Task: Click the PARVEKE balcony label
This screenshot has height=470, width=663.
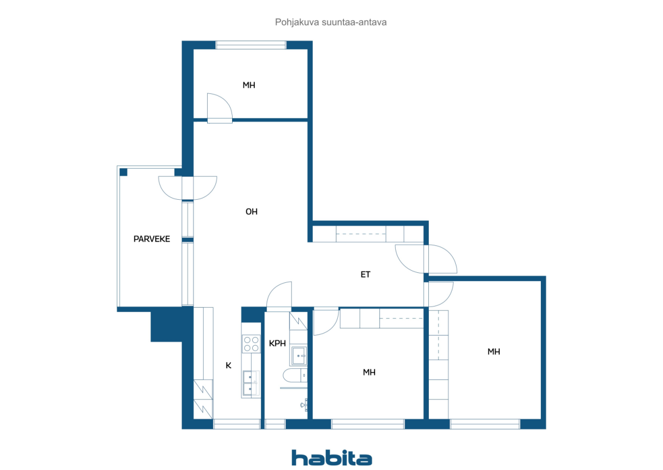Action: click(x=152, y=239)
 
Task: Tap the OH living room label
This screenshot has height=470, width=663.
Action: click(x=252, y=212)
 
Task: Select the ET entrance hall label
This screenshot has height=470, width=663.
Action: click(x=365, y=274)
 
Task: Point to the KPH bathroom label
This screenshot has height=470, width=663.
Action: click(x=277, y=343)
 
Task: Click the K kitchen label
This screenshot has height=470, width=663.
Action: click(x=228, y=365)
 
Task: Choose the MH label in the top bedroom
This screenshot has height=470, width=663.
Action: click(x=249, y=85)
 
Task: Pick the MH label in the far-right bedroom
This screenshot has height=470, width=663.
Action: click(x=494, y=352)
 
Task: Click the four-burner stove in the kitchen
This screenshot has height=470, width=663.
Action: click(x=251, y=344)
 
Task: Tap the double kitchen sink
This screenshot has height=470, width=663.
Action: click(x=251, y=383)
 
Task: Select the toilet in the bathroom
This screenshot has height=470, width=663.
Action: click(x=295, y=376)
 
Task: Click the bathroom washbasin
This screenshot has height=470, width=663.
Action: click(x=299, y=355)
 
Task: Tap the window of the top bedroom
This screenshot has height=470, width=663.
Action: click(x=251, y=45)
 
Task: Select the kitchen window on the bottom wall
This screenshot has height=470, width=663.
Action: click(x=237, y=424)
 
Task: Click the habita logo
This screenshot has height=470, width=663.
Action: click(x=331, y=458)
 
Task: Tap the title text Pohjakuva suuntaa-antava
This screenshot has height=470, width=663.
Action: click(x=330, y=22)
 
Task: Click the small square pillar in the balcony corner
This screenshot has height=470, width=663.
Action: click(x=123, y=172)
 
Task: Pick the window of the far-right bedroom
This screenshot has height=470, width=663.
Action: click(x=485, y=424)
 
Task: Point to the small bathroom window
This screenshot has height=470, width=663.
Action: click(x=275, y=424)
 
